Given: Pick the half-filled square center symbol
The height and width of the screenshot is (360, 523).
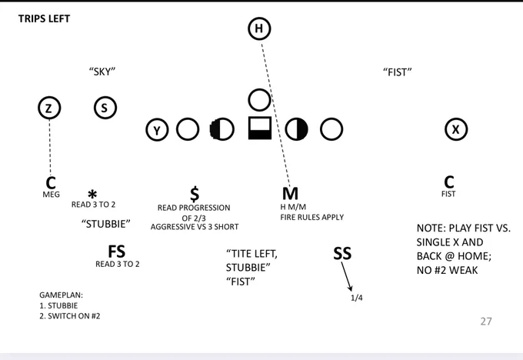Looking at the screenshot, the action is [x=260, y=128].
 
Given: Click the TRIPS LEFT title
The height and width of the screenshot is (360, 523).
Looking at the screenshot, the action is [x=44, y=18].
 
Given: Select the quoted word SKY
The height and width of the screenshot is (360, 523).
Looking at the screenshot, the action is [x=102, y=72].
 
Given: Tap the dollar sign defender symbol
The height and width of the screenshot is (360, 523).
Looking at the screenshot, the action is [x=195, y=194].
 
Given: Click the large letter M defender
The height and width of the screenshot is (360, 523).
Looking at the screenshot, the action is [x=290, y=194].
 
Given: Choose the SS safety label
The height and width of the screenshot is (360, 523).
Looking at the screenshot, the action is [x=342, y=254].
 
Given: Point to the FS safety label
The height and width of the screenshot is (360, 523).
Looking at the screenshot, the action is [x=116, y=252].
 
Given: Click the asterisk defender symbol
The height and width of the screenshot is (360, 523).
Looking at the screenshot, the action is [x=92, y=194].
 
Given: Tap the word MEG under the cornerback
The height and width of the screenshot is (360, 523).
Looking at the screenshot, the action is [x=51, y=195].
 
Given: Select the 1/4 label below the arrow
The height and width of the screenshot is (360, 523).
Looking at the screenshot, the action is [x=357, y=298].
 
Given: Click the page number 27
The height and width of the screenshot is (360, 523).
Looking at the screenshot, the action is [x=486, y=322].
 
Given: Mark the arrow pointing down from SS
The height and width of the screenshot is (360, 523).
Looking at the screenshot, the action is [x=347, y=277].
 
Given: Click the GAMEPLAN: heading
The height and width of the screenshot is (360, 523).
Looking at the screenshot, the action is [x=61, y=295].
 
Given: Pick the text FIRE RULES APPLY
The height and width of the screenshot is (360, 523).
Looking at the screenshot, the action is [x=311, y=217].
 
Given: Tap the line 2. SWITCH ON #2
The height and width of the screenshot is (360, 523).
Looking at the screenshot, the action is [x=70, y=316].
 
